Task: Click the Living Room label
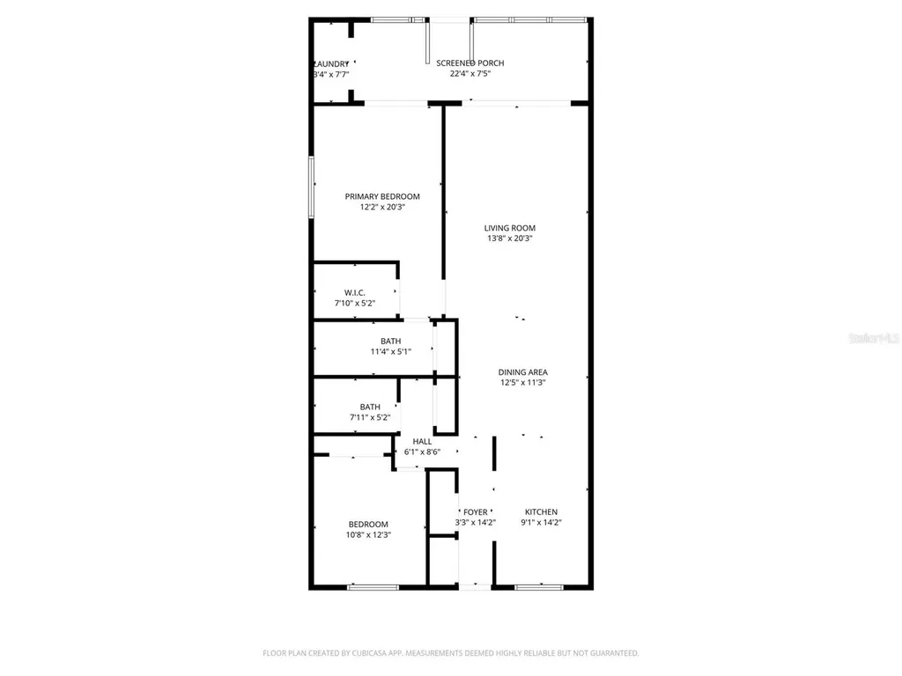[x=509, y=228]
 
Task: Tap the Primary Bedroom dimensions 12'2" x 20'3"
[x=381, y=208]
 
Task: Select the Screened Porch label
[x=469, y=63]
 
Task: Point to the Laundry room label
[x=332, y=63]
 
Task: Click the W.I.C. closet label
[x=354, y=292]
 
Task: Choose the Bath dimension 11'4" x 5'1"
[x=390, y=352]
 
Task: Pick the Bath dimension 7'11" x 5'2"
[x=370, y=417]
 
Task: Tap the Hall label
[x=422, y=441]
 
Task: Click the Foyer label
[x=475, y=512]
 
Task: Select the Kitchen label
[x=541, y=512]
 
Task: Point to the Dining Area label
[x=523, y=372]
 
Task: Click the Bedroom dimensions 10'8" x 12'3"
[x=368, y=534]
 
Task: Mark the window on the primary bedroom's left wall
[x=310, y=186]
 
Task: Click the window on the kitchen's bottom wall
[x=539, y=586]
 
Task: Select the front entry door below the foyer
[x=475, y=586]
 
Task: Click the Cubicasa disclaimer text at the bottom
[x=450, y=653]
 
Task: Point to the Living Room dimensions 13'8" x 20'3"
[x=509, y=239]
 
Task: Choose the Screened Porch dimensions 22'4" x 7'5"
[x=469, y=74]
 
